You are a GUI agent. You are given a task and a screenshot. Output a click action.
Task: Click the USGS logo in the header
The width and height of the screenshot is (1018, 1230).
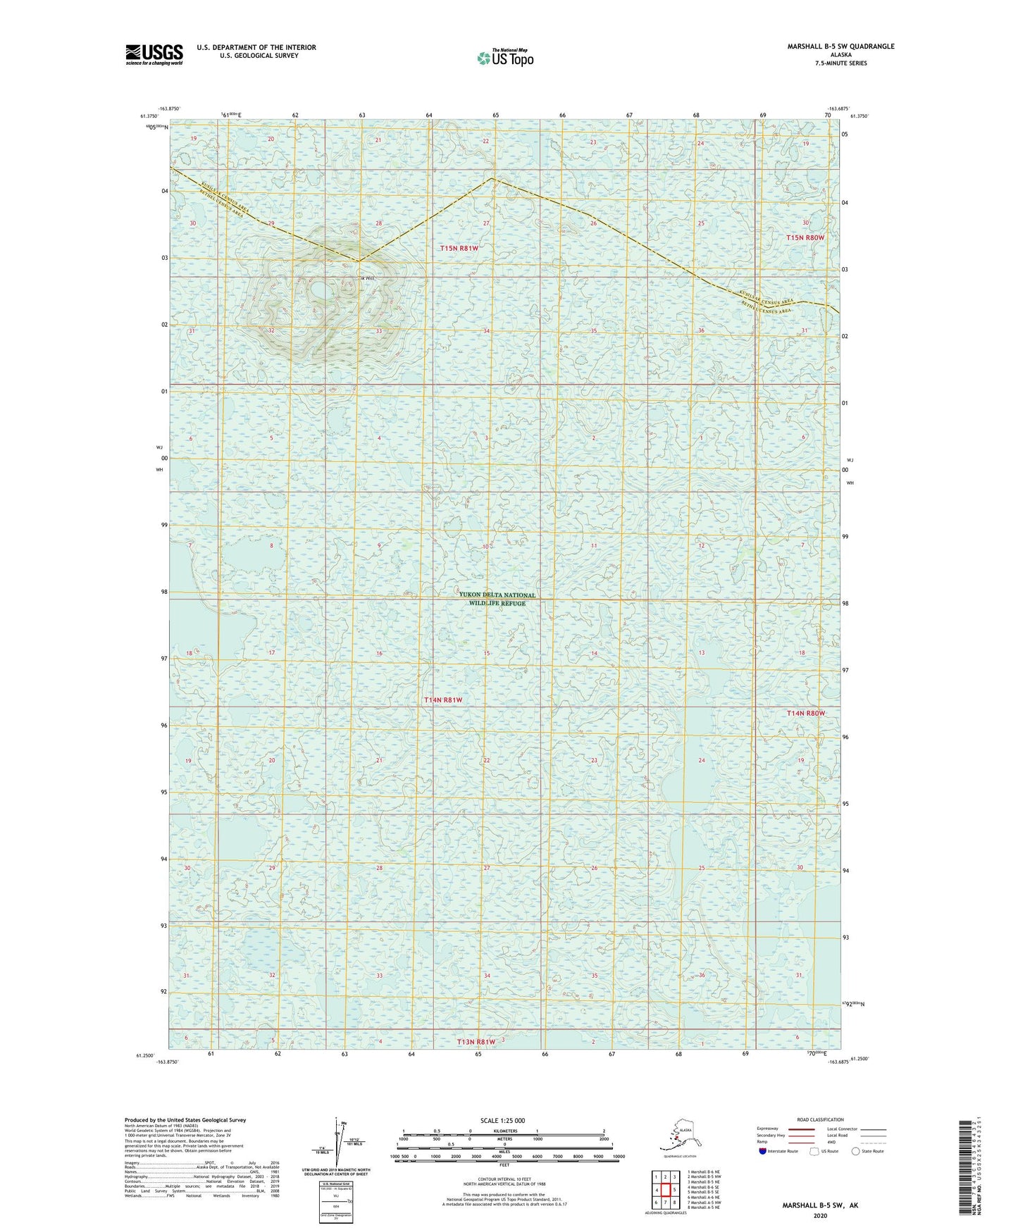(x=154, y=54)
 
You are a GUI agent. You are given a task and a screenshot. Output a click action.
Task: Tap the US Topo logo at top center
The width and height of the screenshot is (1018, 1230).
(x=504, y=58)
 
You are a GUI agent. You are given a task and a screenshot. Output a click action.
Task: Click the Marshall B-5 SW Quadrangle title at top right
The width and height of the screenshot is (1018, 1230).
(x=840, y=46)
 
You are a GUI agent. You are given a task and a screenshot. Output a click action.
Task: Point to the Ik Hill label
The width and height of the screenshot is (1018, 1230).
(x=366, y=278)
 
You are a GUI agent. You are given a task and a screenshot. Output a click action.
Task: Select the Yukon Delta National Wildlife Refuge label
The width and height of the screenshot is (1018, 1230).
(x=497, y=599)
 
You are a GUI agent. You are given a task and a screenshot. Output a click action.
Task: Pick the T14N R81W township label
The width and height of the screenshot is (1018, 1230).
(x=443, y=700)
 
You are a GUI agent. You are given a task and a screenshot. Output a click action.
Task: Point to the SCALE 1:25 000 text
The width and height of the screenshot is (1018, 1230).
(x=502, y=1120)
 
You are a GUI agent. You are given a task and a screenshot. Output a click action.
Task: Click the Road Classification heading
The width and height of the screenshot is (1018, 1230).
(x=820, y=1119)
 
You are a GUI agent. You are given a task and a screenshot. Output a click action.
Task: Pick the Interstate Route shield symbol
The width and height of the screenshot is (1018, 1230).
(x=764, y=1151)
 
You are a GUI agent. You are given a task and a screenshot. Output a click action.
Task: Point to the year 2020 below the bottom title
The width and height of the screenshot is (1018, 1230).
(x=819, y=1215)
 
